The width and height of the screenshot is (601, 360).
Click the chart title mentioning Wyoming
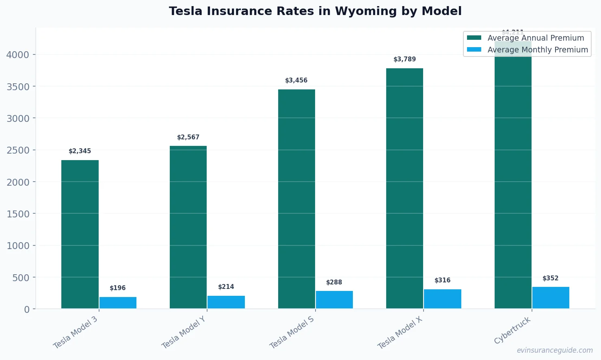(315, 11)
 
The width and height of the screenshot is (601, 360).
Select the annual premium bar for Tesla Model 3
(80, 234)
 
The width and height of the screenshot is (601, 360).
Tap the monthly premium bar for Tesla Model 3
(118, 303)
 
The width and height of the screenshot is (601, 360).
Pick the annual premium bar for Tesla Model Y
(188, 228)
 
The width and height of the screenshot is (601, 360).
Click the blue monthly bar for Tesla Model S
(334, 300)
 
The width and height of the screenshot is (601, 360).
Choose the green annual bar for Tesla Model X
(404, 189)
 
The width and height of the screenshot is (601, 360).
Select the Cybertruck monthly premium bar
(551, 298)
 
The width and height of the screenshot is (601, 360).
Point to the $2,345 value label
(80, 151)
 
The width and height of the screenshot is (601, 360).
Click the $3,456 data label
(296, 80)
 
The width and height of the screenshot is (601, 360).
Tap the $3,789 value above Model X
(404, 59)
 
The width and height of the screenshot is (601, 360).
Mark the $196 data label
(118, 288)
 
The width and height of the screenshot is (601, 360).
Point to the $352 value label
(551, 278)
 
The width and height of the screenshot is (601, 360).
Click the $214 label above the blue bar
(226, 287)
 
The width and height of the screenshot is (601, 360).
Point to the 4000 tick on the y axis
(18, 55)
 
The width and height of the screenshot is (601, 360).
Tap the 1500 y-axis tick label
(18, 214)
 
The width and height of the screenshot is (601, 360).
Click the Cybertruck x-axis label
(512, 330)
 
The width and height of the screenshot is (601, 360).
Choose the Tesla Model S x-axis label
(292, 332)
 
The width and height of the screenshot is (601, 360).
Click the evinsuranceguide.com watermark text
(555, 350)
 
